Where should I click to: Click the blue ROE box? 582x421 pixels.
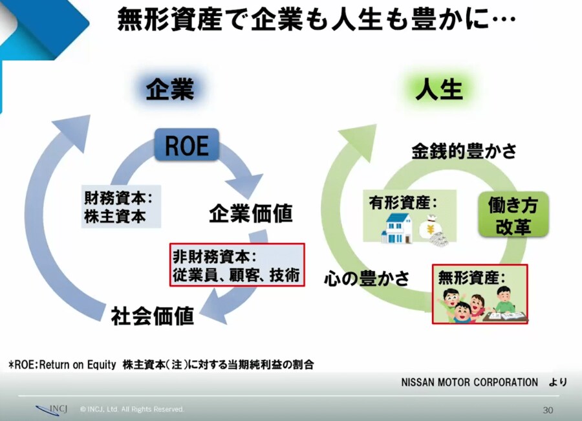click(x=187, y=144)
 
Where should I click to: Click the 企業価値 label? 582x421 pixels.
click(x=251, y=213)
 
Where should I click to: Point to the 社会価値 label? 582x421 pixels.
click(x=153, y=316)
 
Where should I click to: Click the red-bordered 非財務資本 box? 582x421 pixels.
click(x=237, y=265)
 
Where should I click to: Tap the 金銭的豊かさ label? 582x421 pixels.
click(x=464, y=151)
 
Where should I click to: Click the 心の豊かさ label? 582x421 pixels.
click(x=367, y=279)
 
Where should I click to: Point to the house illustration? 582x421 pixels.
click(x=397, y=228)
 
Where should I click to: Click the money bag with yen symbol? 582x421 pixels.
click(x=431, y=230)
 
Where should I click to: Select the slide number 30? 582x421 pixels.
click(x=548, y=409)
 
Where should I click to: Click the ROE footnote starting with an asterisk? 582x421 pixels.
click(x=161, y=365)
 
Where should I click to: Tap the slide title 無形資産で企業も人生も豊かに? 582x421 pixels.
click(x=317, y=21)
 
